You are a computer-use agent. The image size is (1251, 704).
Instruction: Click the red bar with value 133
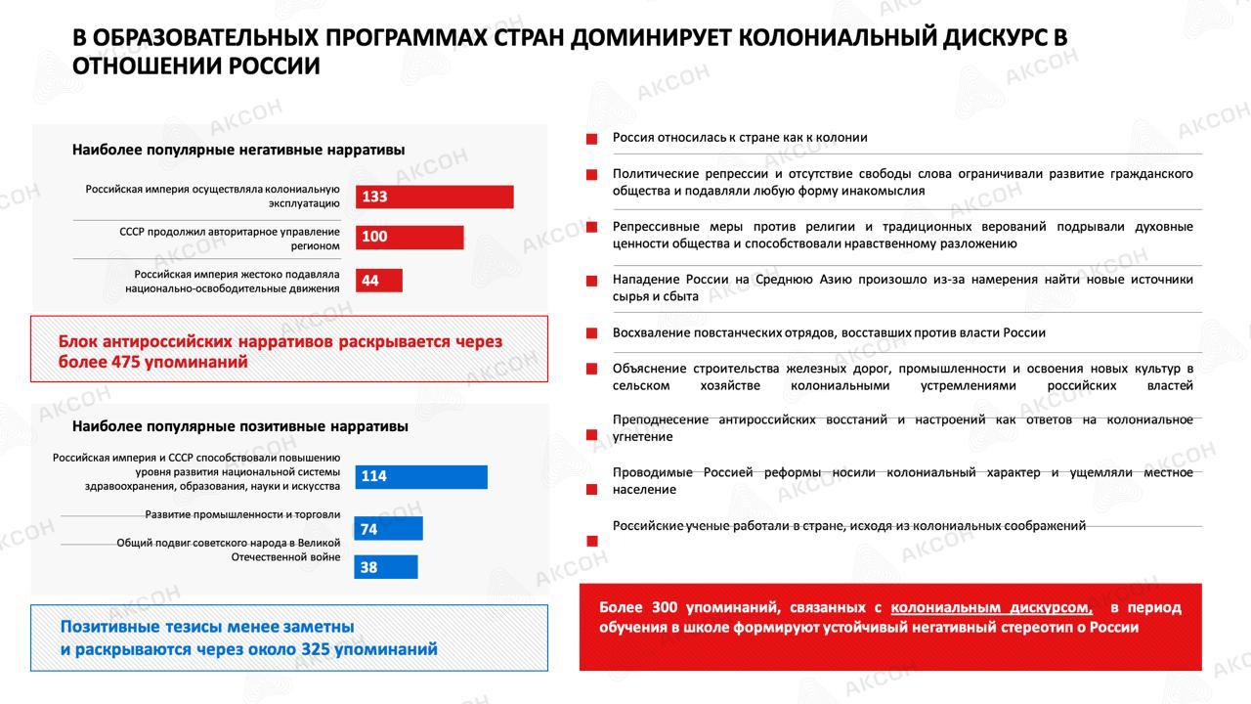pyautogui.click(x=434, y=197)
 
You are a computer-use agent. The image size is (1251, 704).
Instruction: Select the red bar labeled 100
pyautogui.click(x=410, y=238)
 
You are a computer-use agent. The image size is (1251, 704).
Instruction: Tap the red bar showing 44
pyautogui.click(x=378, y=281)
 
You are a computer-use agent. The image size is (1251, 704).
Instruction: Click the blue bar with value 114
pyautogui.click(x=421, y=476)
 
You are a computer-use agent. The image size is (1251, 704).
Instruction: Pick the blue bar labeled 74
pyautogui.click(x=388, y=529)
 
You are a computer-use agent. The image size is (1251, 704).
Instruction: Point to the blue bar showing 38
pyautogui.click(x=385, y=567)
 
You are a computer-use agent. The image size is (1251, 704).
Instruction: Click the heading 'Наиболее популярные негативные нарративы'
pyautogui.click(x=238, y=150)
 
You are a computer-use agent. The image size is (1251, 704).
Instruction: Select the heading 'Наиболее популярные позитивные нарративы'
pyautogui.click(x=240, y=426)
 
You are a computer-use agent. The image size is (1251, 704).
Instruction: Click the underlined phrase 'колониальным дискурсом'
pyautogui.click(x=991, y=607)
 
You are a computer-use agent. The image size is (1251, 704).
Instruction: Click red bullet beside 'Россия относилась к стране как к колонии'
pyautogui.click(x=591, y=140)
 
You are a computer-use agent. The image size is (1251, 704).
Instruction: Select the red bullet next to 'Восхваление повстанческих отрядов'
pyautogui.click(x=591, y=333)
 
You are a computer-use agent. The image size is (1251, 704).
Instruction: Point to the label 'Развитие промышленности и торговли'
pyautogui.click(x=242, y=514)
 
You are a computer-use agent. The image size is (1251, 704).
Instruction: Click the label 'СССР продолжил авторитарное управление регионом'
pyautogui.click(x=230, y=239)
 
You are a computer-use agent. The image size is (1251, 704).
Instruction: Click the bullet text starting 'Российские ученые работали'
pyautogui.click(x=848, y=526)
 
